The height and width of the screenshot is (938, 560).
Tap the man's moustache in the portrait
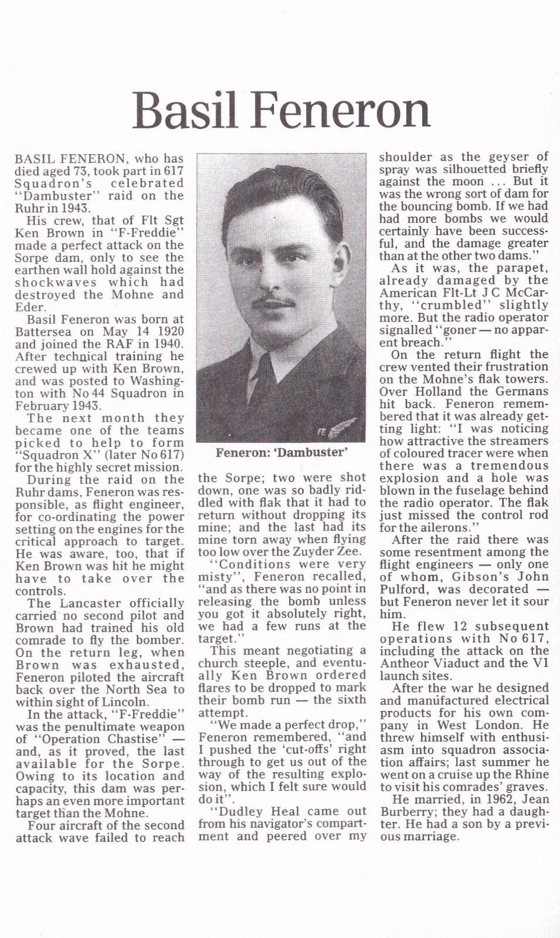tap(274, 303)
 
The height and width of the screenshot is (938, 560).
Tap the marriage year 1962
tap(497, 799)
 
